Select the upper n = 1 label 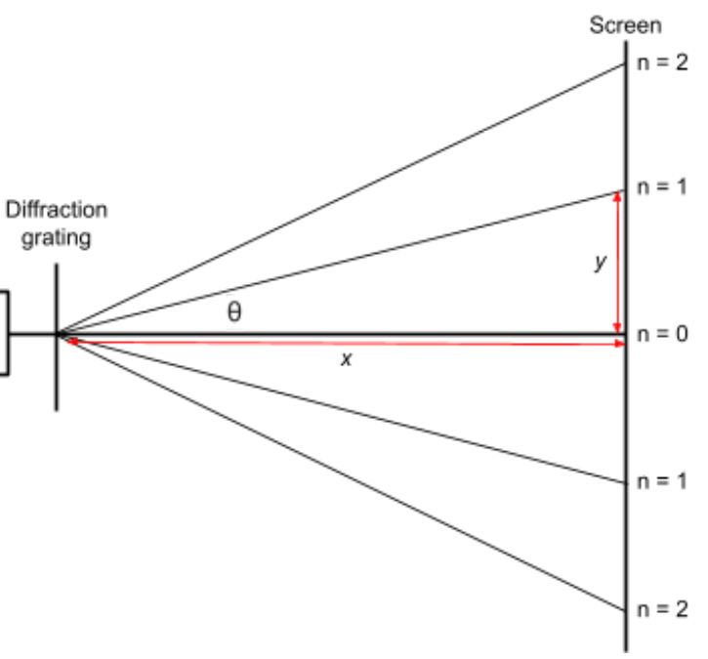point(663,186)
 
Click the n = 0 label point(663,335)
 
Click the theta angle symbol point(234,312)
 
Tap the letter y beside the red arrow point(601,263)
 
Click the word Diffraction point(57,210)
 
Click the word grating point(57,237)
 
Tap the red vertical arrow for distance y point(617,262)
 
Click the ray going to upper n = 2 point(342,199)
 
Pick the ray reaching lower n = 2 point(342,473)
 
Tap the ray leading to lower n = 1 point(342,409)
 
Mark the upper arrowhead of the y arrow point(617,196)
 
